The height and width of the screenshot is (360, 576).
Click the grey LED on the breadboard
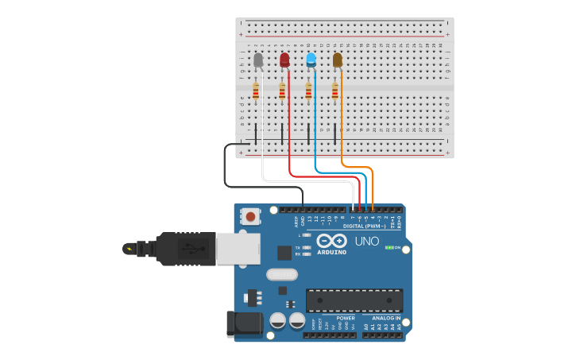[x=258, y=60]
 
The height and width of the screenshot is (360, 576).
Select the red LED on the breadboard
[x=284, y=60]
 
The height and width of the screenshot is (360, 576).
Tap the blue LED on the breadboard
[x=311, y=60]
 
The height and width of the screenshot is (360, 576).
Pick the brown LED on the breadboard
[x=338, y=60]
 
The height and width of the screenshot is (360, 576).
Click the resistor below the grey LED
[x=256, y=91]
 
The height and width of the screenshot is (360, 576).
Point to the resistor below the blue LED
[x=308, y=91]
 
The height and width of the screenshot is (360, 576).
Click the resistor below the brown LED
[x=335, y=91]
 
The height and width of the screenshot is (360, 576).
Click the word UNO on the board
[x=366, y=241]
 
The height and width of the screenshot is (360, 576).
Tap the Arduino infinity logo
[x=331, y=240]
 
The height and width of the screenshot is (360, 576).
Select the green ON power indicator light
[x=389, y=247]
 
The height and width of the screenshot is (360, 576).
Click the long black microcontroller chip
[x=354, y=300]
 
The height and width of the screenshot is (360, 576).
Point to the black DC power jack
[x=244, y=323]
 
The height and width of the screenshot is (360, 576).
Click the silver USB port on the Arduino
[x=239, y=248]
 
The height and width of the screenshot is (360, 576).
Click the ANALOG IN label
[x=387, y=317]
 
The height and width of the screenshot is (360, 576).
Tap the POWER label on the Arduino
[x=346, y=317]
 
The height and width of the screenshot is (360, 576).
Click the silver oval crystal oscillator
[x=281, y=275]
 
